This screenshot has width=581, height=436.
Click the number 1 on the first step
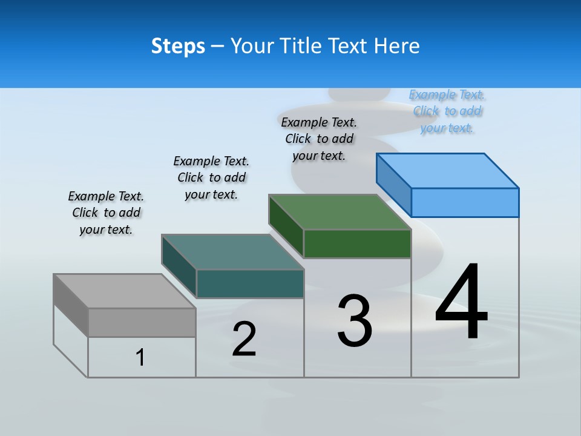(x=140, y=357)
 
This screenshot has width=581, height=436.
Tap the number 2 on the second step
(x=244, y=339)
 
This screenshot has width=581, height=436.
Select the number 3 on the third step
(x=355, y=321)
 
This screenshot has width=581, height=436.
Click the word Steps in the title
(x=178, y=46)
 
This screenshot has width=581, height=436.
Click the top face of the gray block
(x=124, y=291)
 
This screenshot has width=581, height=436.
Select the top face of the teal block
(x=232, y=252)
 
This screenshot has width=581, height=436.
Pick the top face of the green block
(x=340, y=212)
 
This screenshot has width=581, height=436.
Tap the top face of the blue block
(x=448, y=171)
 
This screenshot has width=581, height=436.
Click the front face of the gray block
(x=142, y=322)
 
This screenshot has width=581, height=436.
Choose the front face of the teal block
(x=250, y=283)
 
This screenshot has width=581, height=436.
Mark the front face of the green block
(x=357, y=243)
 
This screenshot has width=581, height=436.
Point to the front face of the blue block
(x=465, y=202)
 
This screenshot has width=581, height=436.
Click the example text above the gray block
(x=106, y=213)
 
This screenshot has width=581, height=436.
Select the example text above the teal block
(x=211, y=177)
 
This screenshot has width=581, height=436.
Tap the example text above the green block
(x=319, y=139)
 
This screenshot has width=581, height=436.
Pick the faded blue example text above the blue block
(x=447, y=111)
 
